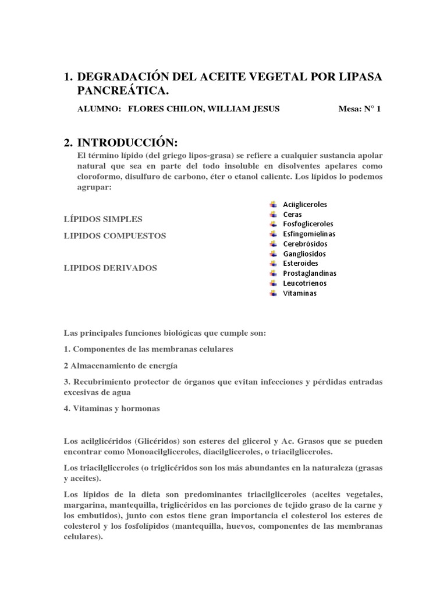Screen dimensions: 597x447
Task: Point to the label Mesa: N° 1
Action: pyautogui.click(x=359, y=109)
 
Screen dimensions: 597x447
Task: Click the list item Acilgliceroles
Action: pyautogui.click(x=305, y=205)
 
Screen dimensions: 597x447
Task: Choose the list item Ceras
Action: pyautogui.click(x=292, y=215)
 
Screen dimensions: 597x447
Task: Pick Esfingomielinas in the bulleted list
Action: pyautogui.click(x=309, y=234)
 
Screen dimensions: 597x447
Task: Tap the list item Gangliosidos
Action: pyautogui.click(x=304, y=254)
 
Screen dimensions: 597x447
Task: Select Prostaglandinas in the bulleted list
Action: pyautogui.click(x=310, y=273)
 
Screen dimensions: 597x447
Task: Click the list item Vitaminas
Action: pyautogui.click(x=300, y=293)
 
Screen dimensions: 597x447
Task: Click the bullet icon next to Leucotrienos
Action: pyautogui.click(x=273, y=283)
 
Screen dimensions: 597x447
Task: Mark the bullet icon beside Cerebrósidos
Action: pyautogui.click(x=273, y=244)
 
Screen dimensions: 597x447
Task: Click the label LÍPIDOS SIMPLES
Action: pyautogui.click(x=102, y=219)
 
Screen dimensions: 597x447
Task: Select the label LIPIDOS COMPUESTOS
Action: pyautogui.click(x=114, y=236)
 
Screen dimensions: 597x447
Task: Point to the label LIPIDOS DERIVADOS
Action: pyautogui.click(x=110, y=268)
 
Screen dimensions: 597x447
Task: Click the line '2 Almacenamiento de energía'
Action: pyautogui.click(x=120, y=366)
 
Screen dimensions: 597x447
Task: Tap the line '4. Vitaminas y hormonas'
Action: pyautogui.click(x=111, y=409)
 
